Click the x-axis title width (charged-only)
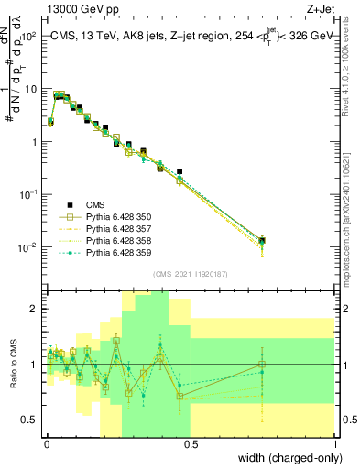coord(287,457)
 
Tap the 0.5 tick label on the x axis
coord(191,444)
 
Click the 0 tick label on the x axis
coord(46,444)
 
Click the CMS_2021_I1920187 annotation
coord(190,274)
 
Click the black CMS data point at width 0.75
coord(263,240)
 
